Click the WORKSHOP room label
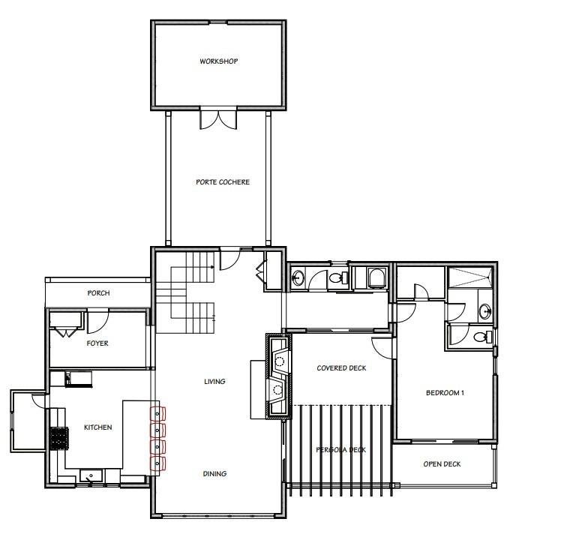tap(218, 61)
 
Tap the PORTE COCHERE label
tap(222, 182)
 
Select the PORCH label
tap(98, 293)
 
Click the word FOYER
tap(97, 343)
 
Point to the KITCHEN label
tap(97, 427)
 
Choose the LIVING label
tap(214, 382)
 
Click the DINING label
tap(214, 474)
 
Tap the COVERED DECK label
tap(341, 368)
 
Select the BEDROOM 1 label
tap(445, 393)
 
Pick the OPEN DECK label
tap(442, 464)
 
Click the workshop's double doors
tap(218, 118)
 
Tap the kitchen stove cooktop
tap(59, 436)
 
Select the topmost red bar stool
tap(157, 412)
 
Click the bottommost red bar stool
tap(157, 463)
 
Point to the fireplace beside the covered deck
tap(277, 376)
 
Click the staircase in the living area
tap(185, 292)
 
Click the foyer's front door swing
tap(98, 321)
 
